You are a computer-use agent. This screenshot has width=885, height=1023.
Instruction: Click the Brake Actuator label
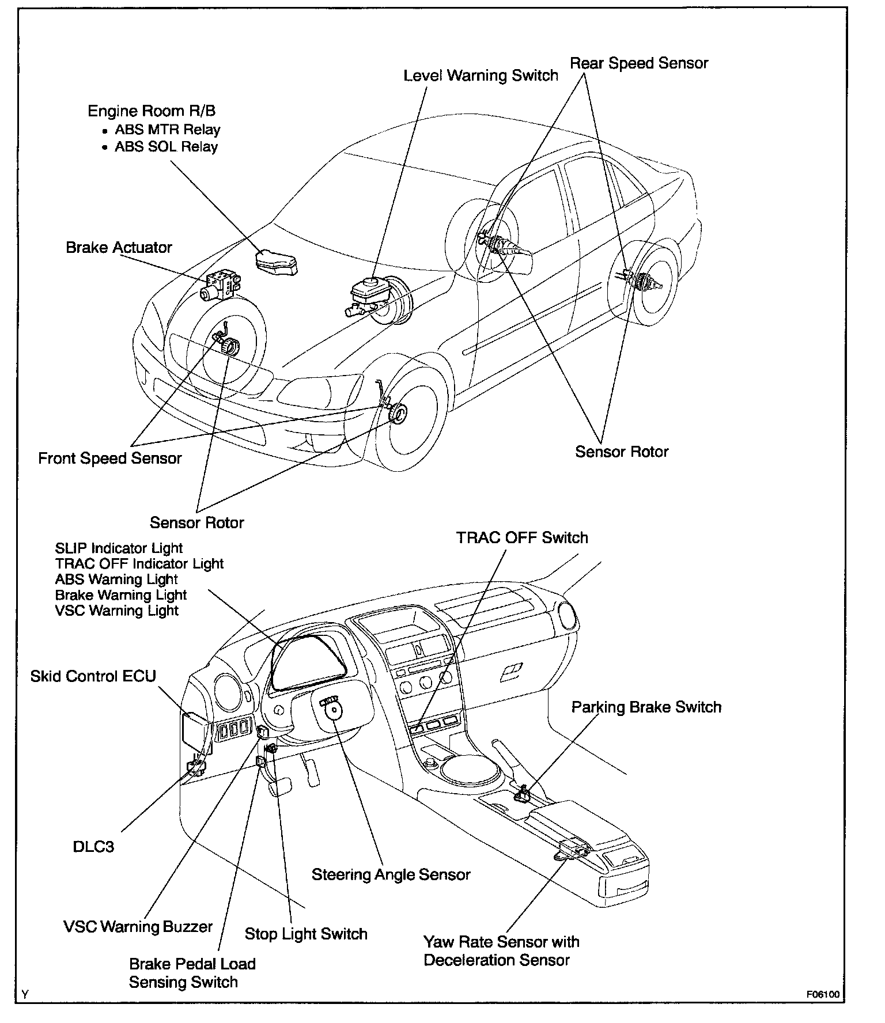[119, 248]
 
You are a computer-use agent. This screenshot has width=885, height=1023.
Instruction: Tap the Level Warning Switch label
[481, 75]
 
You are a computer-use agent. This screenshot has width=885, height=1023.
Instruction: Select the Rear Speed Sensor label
[639, 63]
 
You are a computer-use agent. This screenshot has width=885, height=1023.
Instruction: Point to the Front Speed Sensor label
[110, 459]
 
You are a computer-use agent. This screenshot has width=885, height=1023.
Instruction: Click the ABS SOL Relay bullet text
[166, 147]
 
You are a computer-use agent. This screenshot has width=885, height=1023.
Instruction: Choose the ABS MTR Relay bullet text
[167, 130]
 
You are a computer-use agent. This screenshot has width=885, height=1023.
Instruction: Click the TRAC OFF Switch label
[522, 538]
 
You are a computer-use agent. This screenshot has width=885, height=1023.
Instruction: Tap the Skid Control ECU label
[93, 676]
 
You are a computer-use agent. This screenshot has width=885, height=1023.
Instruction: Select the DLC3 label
[93, 846]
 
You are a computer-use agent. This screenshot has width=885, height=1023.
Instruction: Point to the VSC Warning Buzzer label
[138, 927]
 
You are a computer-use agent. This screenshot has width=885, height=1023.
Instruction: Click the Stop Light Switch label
[306, 934]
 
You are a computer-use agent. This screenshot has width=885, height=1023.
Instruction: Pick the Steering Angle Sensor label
[391, 874]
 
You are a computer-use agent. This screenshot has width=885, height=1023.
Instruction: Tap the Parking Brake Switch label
[646, 707]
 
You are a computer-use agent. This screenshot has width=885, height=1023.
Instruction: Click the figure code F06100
[823, 995]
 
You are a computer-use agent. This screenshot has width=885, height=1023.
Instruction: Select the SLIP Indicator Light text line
[119, 548]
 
